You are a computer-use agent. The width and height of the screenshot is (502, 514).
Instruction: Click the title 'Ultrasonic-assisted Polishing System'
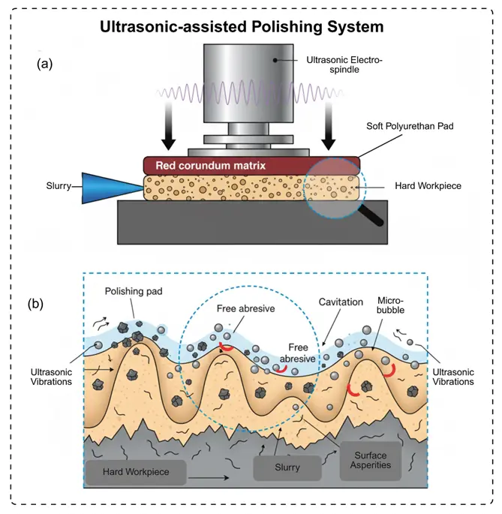(x=243, y=27)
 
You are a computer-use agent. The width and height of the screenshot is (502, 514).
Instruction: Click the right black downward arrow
(x=329, y=131)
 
